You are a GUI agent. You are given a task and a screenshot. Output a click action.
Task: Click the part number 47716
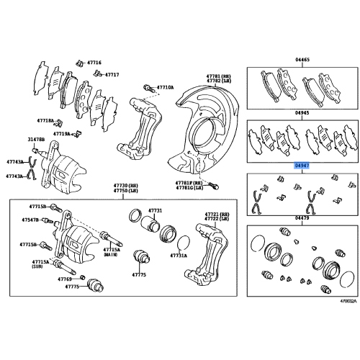(94, 63)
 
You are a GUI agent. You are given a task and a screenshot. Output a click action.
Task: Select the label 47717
(112, 74)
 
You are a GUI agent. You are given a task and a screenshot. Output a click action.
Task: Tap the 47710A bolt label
(164, 87)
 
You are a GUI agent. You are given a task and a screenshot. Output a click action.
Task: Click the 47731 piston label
(156, 210)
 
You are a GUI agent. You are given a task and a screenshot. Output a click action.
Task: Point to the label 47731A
(178, 256)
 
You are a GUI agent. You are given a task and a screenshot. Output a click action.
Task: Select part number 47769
(66, 278)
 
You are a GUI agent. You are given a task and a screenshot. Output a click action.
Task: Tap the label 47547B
(31, 220)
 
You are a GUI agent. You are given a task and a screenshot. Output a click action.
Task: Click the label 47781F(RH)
(188, 183)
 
